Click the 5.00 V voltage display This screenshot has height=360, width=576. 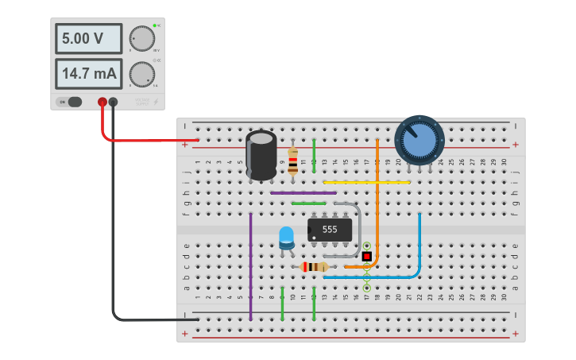point(88,38)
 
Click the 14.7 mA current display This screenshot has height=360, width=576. point(88,74)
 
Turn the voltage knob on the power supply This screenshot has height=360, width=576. point(142,38)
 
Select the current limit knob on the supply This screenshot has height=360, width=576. point(142,75)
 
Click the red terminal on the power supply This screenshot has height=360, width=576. point(102,102)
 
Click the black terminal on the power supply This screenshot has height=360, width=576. point(113,102)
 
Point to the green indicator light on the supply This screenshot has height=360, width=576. point(154,25)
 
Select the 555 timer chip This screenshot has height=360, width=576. point(330,230)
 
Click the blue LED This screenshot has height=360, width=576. point(286,236)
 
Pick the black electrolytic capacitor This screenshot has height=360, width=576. point(261,155)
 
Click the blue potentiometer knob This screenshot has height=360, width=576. point(419,141)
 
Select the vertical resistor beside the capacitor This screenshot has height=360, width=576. point(293,161)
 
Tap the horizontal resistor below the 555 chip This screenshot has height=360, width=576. point(315,267)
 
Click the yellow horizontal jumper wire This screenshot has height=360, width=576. point(366,182)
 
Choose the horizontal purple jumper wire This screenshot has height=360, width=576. point(303,192)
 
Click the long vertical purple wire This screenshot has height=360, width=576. point(250,266)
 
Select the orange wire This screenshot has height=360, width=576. point(377,199)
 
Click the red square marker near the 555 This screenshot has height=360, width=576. point(366,256)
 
